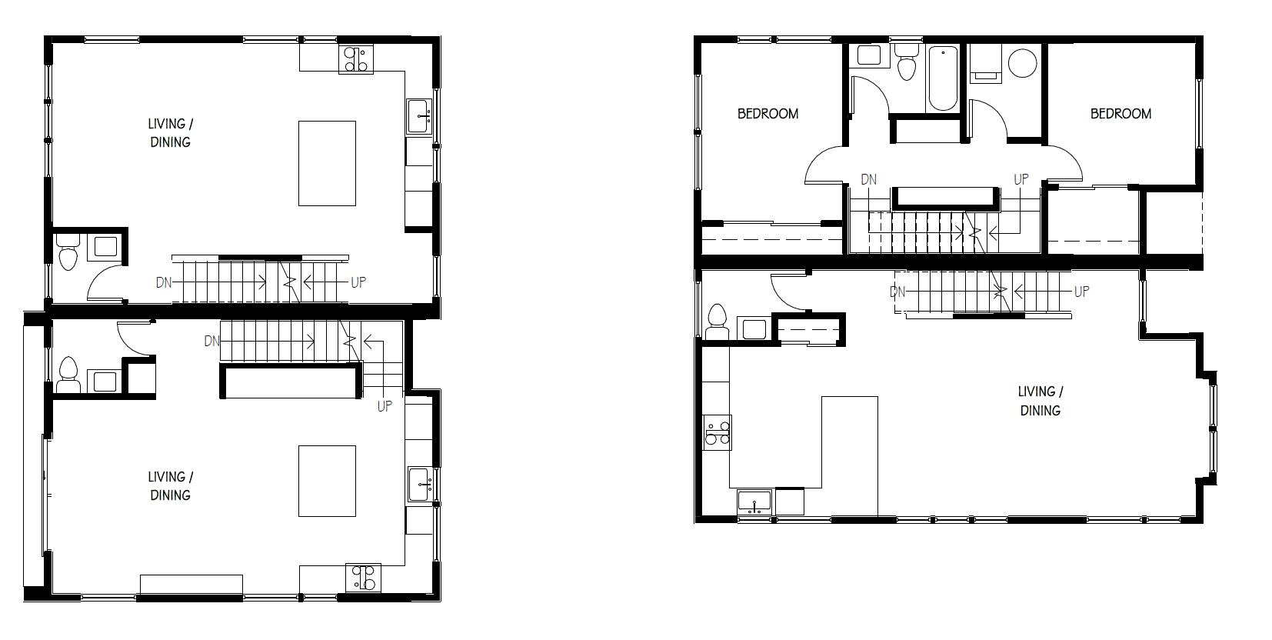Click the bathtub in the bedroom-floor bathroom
coord(943,78)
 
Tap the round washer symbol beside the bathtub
coord(1023,63)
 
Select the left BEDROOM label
coord(768,114)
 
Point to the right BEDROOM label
coord(1120,114)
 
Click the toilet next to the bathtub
coord(906,62)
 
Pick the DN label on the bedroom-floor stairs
coord(869,179)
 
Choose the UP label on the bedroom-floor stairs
coord(1021,179)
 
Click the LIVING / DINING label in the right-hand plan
coord(1041,401)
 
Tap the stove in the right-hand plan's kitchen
coord(718,433)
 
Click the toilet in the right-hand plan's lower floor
coord(717,322)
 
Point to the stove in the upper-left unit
coord(356,59)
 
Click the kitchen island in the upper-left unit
coord(327,163)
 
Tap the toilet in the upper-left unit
coord(68,252)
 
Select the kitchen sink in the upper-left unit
coord(419,116)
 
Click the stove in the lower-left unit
coord(364,578)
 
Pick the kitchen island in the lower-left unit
coord(327,481)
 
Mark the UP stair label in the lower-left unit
coord(385,407)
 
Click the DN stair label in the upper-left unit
coord(164,282)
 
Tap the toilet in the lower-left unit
coord(68,375)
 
